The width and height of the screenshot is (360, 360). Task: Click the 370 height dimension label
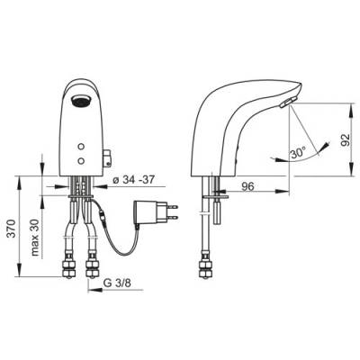(x=11, y=229)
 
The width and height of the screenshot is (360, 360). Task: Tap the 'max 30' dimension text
(x=35, y=238)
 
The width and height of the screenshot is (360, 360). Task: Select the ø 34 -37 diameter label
(x=133, y=180)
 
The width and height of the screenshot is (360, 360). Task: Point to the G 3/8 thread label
(x=117, y=283)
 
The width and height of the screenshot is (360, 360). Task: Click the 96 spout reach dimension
(x=248, y=186)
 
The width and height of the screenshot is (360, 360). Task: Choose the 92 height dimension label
(x=346, y=139)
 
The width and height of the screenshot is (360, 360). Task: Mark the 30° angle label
(x=298, y=154)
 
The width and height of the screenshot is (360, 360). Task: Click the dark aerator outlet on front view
(x=80, y=101)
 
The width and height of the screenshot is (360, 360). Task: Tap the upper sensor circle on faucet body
(x=80, y=147)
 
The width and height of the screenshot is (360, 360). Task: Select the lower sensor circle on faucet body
(x=80, y=161)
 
